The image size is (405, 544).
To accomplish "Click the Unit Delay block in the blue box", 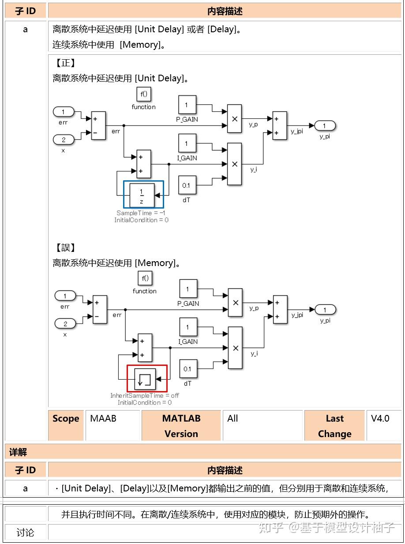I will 142,195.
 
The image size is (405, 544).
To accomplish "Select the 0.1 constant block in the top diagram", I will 187,186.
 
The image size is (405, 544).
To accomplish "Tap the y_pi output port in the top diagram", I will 324,126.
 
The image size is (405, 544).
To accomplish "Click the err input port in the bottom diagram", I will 65,296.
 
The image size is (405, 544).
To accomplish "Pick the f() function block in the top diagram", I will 143,94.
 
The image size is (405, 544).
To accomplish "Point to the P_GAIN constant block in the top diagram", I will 187,105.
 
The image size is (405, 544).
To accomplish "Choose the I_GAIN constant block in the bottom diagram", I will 188,327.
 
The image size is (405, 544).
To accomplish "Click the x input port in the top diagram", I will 63,140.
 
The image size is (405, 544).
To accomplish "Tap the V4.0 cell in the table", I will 380,418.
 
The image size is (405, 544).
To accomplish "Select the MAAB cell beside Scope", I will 103,418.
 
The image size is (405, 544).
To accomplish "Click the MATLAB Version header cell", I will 181,426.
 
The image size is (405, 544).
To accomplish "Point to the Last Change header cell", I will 334,426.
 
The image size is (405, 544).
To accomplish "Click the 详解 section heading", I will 18,452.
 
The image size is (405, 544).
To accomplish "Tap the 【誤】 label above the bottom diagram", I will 65,247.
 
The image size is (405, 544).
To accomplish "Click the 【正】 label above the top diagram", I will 65,63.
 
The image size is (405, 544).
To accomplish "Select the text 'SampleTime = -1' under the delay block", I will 141,213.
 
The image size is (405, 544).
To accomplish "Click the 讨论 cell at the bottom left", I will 25,533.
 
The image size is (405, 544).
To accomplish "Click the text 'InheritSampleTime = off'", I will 145,396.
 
